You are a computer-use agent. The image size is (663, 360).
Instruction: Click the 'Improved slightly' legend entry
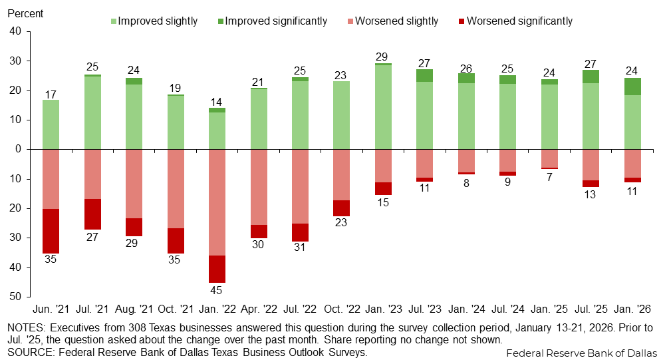tap(158, 21)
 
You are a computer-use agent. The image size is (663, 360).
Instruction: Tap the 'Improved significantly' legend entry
tap(276, 21)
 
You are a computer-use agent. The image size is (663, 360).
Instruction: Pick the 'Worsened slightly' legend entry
tap(396, 21)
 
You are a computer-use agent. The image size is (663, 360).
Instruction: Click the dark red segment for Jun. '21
tap(51, 231)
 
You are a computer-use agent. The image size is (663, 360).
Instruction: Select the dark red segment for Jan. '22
tap(217, 269)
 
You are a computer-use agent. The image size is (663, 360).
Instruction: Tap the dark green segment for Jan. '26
tap(632, 87)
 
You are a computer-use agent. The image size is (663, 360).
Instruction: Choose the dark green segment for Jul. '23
tap(424, 75)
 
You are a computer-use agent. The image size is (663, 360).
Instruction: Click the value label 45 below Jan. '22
tap(217, 290)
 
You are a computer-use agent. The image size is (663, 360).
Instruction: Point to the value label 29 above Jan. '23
tap(382, 57)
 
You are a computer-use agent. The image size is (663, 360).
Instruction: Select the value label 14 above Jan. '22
tap(217, 101)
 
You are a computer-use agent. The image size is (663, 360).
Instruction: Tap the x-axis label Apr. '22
tap(258, 310)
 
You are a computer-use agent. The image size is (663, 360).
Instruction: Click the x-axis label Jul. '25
tap(591, 310)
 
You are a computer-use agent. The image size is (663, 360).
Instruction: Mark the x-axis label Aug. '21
tap(134, 310)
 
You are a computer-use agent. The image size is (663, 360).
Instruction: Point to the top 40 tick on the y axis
tap(16, 31)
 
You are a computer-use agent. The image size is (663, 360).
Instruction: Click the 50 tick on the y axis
tap(16, 296)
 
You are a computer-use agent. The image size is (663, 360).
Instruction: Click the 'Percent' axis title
tap(25, 13)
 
